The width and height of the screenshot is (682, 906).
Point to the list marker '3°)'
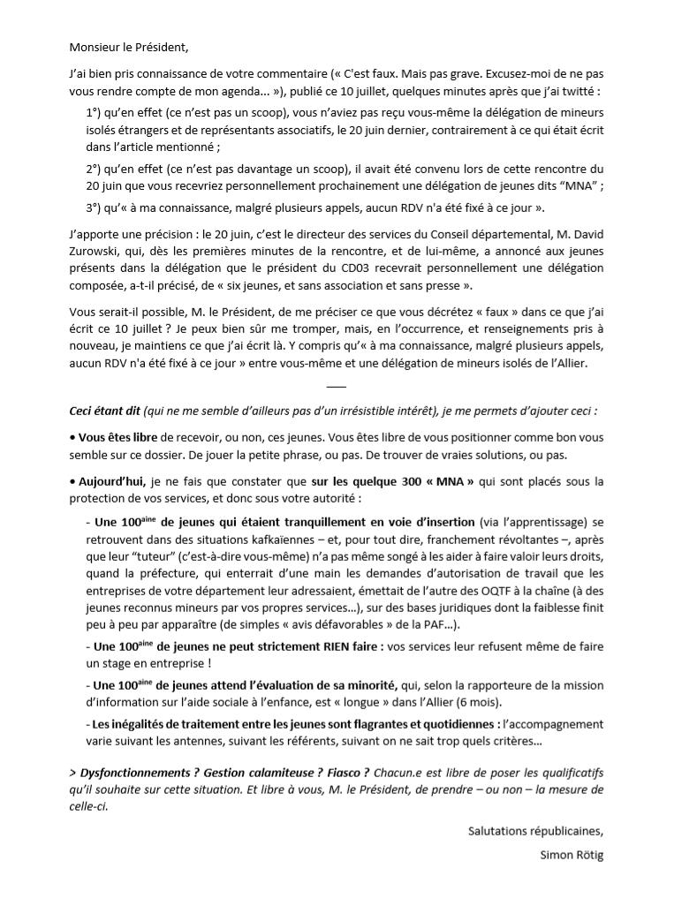(95, 208)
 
